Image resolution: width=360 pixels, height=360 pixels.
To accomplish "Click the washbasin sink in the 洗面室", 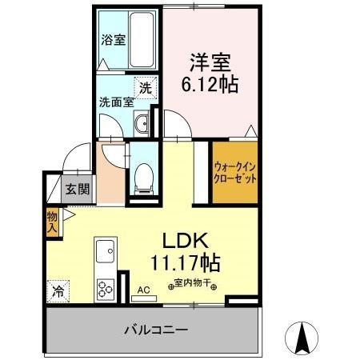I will [142, 123].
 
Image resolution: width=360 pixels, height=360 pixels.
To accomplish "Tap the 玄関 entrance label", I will [78, 190].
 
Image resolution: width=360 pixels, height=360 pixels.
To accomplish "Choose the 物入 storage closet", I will [52, 221].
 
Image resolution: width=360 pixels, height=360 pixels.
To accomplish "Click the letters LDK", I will [186, 241].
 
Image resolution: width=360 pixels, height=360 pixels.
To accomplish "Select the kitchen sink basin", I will [104, 254].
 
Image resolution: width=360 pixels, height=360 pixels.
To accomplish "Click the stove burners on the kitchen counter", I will [105, 287].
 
